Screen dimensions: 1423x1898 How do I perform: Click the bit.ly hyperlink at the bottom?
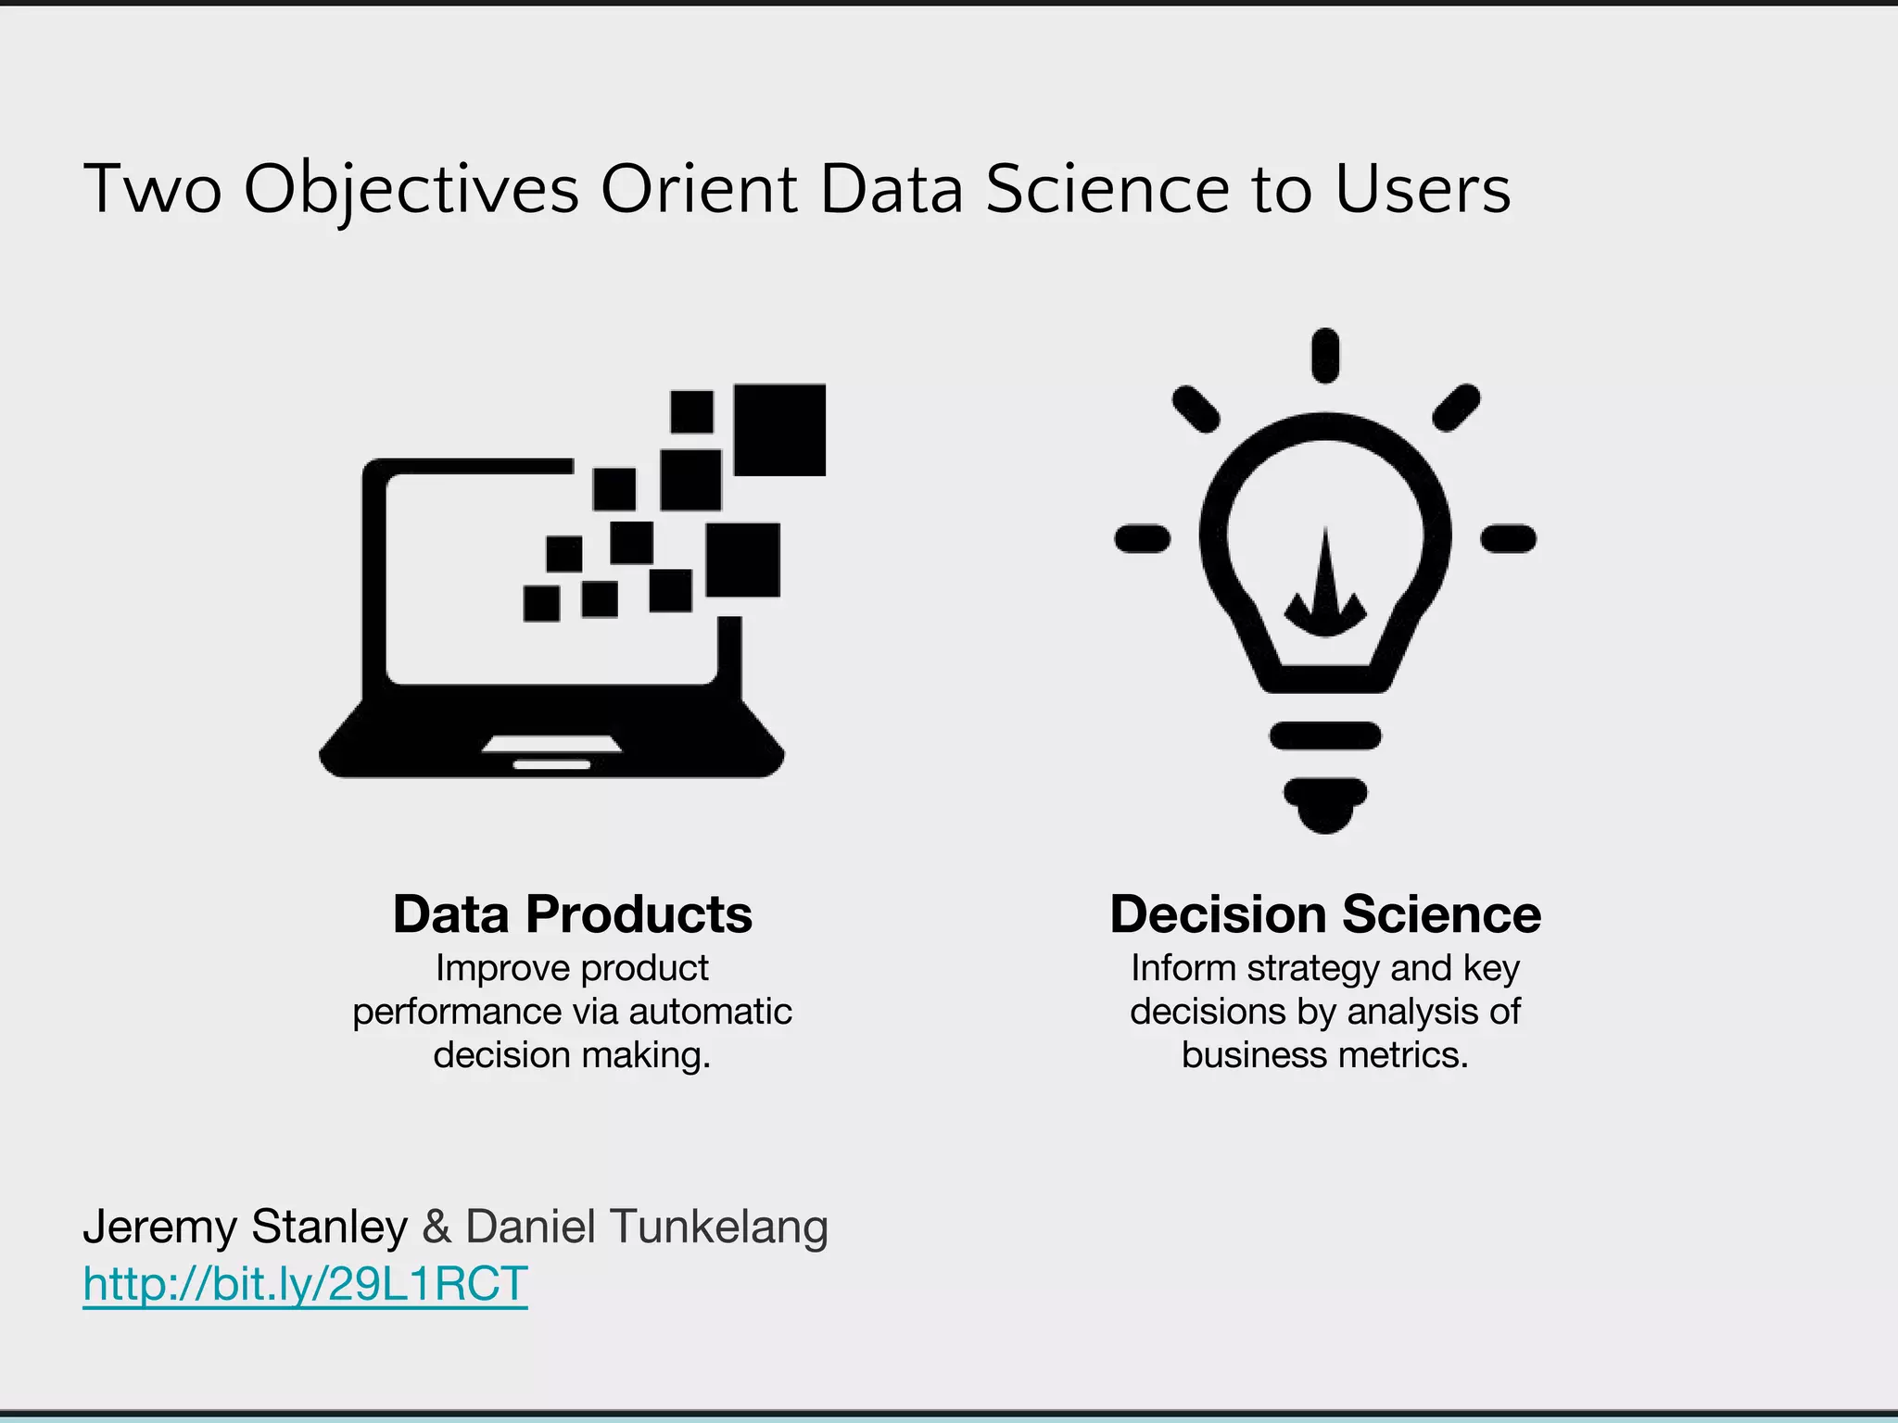point(305,1285)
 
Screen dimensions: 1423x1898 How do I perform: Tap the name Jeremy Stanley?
point(245,1227)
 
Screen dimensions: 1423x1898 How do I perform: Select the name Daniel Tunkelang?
point(646,1227)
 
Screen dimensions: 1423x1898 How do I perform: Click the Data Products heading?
point(572,914)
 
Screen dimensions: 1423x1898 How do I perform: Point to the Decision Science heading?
point(1325,914)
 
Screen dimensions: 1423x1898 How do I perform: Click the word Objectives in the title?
point(411,189)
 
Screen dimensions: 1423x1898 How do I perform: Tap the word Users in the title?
point(1423,189)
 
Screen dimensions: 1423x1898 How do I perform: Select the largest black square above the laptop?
point(779,430)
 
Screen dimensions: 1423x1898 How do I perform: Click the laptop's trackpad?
point(552,744)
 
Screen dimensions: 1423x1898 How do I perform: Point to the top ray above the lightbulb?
point(1325,355)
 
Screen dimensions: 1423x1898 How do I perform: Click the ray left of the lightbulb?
point(1143,538)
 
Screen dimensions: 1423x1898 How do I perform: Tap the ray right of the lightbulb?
point(1509,538)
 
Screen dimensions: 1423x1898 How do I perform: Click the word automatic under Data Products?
point(710,1012)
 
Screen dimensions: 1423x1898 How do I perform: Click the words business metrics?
point(1325,1055)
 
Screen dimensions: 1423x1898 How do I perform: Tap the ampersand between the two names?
point(437,1227)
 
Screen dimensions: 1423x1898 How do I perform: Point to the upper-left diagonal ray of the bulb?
point(1196,409)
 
